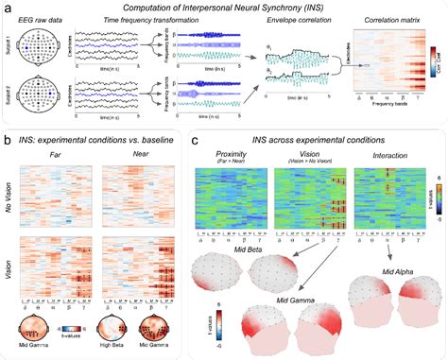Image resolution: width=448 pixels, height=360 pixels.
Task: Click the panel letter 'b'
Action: (8, 139)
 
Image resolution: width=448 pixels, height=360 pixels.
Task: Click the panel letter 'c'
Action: (195, 140)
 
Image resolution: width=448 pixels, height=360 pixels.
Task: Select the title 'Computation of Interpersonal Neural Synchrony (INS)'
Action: (224, 8)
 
